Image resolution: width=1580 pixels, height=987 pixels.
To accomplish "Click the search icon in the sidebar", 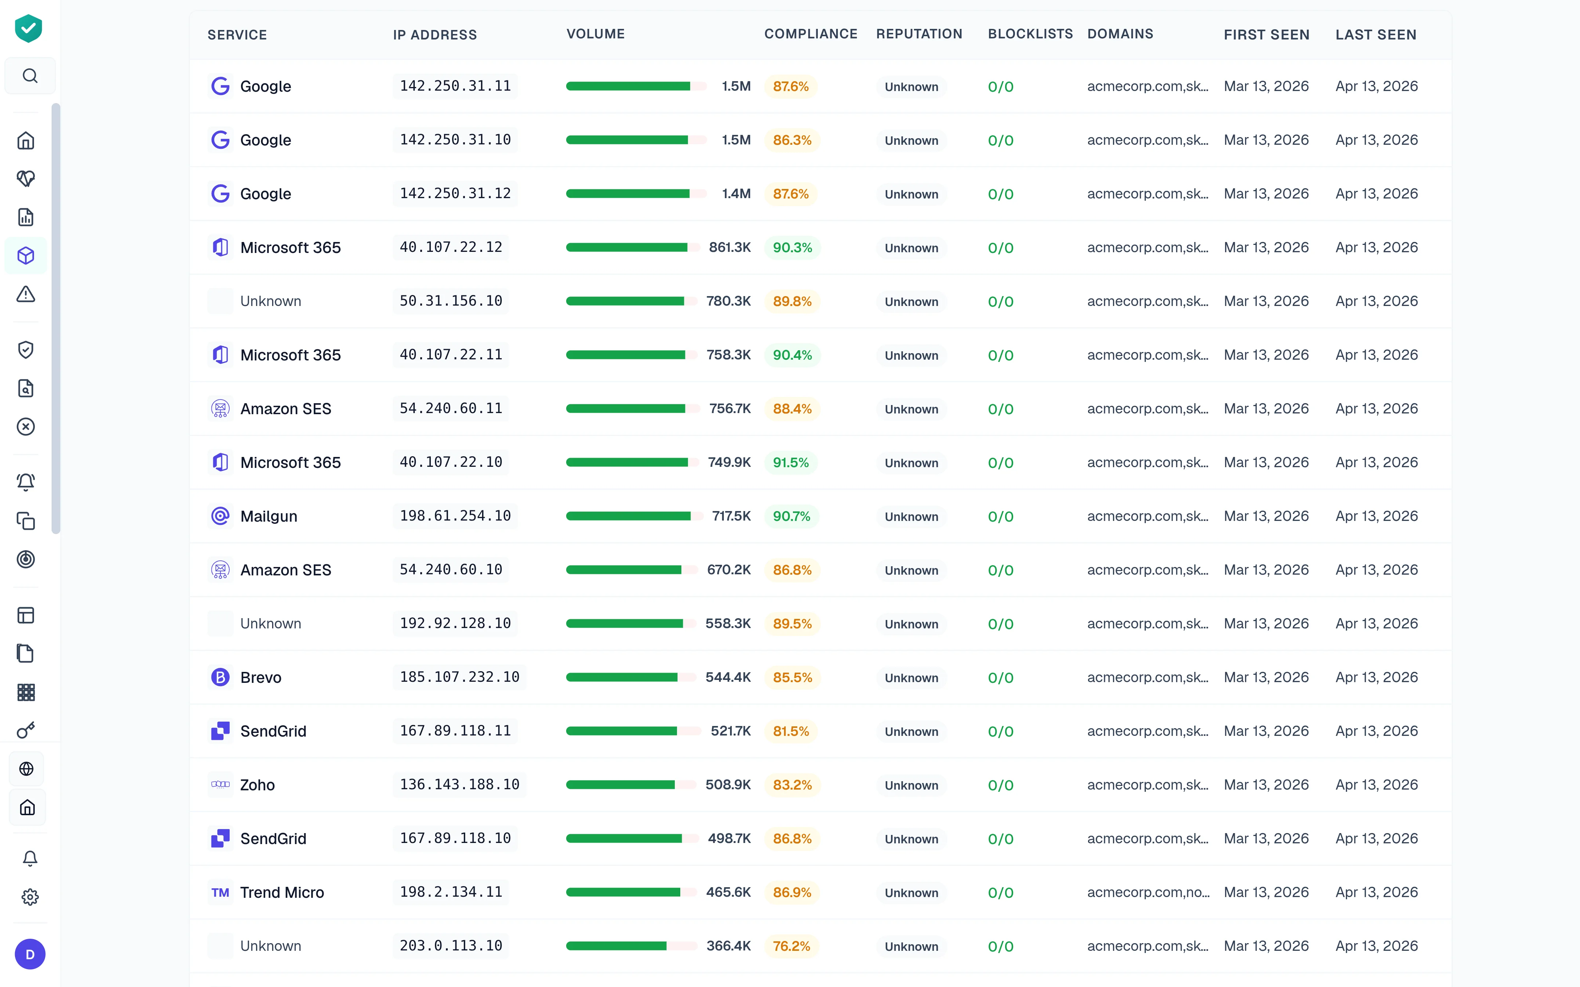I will pyautogui.click(x=30, y=76).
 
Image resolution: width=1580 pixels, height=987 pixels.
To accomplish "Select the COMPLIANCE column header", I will pyautogui.click(x=810, y=34).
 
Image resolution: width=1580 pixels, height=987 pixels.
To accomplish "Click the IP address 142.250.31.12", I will pyautogui.click(x=455, y=194).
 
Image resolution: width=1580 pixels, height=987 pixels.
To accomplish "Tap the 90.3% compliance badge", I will pyautogui.click(x=792, y=248).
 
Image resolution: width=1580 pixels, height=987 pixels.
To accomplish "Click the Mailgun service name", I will pyautogui.click(x=268, y=516).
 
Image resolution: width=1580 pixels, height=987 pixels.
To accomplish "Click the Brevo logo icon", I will pyautogui.click(x=221, y=678).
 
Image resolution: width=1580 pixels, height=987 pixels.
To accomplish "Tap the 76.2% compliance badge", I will pyautogui.click(x=791, y=946).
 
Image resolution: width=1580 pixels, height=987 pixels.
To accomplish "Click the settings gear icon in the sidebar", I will pyautogui.click(x=30, y=897).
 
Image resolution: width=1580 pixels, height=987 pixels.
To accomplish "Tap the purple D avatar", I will pyautogui.click(x=30, y=954).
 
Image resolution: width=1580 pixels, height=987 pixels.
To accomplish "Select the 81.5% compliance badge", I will pyautogui.click(x=791, y=731).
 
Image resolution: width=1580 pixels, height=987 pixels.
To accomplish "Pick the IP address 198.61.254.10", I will pyautogui.click(x=455, y=516).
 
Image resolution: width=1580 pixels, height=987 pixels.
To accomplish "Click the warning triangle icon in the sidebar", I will pyautogui.click(x=26, y=294).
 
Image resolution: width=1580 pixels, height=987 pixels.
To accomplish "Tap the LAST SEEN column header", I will pyautogui.click(x=1376, y=35).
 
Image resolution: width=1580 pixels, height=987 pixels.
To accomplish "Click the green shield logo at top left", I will pyautogui.click(x=29, y=29).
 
